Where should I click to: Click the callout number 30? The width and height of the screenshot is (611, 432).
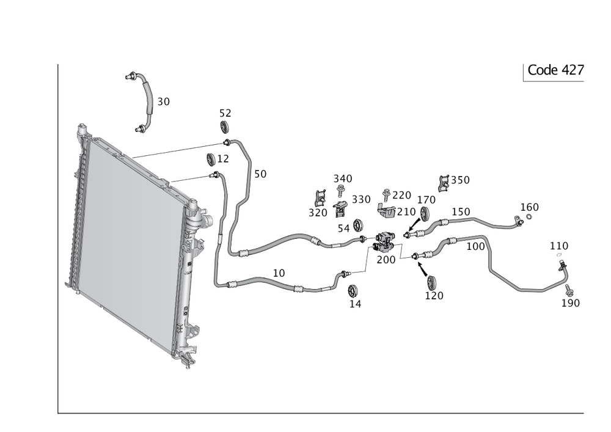(x=163, y=102)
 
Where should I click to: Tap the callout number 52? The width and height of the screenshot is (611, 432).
(x=226, y=113)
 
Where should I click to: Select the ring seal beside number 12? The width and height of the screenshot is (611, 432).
(x=212, y=159)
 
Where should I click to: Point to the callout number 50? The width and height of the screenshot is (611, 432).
(x=260, y=174)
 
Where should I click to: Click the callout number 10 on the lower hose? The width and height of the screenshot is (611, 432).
(x=279, y=273)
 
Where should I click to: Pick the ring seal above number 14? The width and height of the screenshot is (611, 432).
(x=353, y=290)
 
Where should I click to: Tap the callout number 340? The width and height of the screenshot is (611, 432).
(x=343, y=178)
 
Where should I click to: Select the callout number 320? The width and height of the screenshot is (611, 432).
(x=317, y=212)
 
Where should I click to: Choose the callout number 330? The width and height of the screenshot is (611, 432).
(x=361, y=200)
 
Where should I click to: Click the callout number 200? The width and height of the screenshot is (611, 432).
(x=386, y=259)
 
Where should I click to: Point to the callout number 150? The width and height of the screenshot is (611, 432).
(x=461, y=211)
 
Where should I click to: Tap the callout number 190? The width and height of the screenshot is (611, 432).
(x=572, y=302)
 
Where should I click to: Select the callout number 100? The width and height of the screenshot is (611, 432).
(x=475, y=246)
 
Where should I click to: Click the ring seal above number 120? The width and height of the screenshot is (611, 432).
(x=431, y=282)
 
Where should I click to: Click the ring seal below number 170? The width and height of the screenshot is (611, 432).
(x=423, y=214)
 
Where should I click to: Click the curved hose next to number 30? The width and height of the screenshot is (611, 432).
(x=145, y=98)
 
